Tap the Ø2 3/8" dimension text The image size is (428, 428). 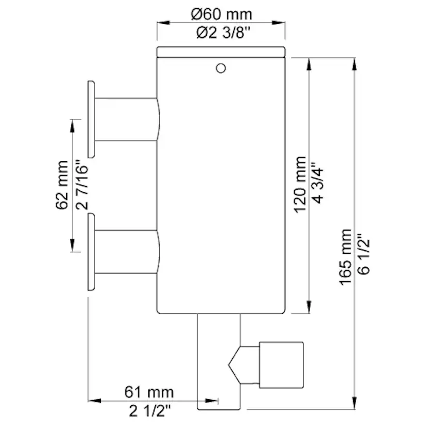point(221,33)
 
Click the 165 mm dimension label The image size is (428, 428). point(345,257)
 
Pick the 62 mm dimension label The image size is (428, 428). point(62,185)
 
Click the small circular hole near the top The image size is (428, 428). point(221,68)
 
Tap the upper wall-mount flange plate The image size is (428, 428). point(91,119)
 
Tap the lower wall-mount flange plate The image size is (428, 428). point(91,253)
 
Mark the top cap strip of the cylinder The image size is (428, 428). point(221,51)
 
